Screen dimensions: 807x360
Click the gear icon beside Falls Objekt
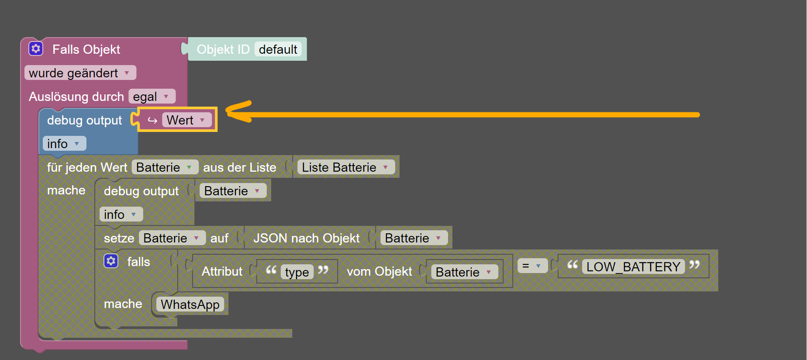pos(36,48)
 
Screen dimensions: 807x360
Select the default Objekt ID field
pos(278,49)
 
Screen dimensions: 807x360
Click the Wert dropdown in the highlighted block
pos(187,120)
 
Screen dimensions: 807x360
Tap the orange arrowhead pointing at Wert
pos(238,112)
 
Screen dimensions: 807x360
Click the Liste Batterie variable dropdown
pos(346,167)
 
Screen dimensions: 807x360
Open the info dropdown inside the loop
pos(121,215)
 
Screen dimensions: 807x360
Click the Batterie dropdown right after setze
pos(172,238)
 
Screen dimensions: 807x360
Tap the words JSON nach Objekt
pos(307,238)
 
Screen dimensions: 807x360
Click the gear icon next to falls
pos(111,261)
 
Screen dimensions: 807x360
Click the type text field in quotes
pos(297,272)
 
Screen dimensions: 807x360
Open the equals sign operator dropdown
pos(532,266)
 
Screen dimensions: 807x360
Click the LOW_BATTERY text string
pos(633,267)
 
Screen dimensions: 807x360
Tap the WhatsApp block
pos(190,304)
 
